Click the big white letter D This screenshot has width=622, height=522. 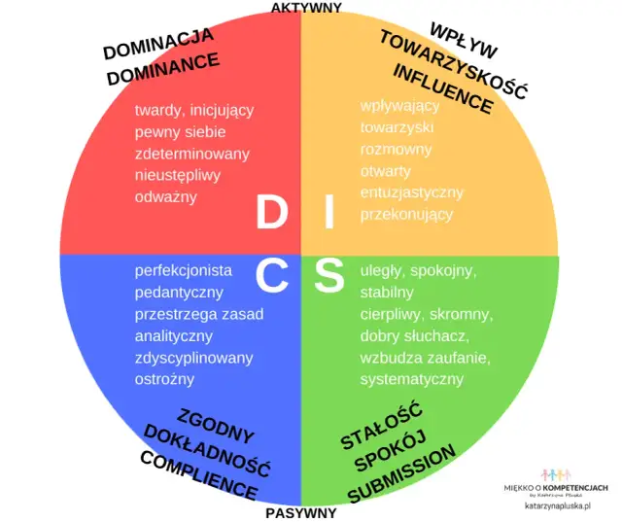pos(271,213)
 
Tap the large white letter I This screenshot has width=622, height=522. pos(329,213)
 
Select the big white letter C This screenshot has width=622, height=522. pos(271,276)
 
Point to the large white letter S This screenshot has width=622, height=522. pos(329,276)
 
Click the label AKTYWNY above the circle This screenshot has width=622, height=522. pos(306,8)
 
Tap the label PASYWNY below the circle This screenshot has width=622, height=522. pos(301,513)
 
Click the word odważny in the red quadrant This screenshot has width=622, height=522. pos(166,196)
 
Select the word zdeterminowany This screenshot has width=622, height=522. pos(192,154)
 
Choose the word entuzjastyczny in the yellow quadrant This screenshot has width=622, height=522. pos(412,192)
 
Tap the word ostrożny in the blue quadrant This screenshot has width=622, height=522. pos(165,379)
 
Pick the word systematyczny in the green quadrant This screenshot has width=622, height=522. pos(412,379)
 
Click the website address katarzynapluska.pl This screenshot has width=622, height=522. pos(558,506)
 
